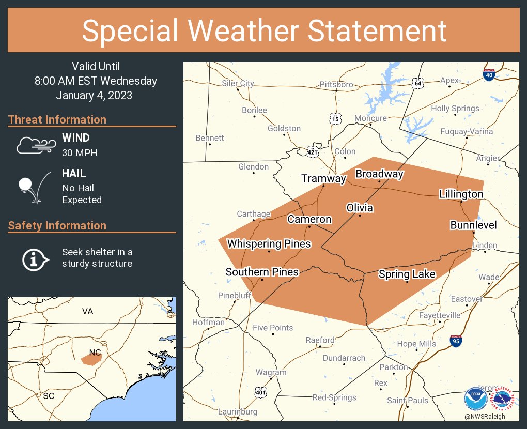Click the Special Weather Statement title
point(263,30)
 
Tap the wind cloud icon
point(35,146)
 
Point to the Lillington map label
point(461,194)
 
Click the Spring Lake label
point(407,274)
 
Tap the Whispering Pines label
point(269,243)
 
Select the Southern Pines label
point(262,272)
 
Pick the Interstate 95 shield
point(456,341)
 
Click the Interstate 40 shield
point(488,74)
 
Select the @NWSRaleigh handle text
point(485,417)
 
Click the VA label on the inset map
point(87,311)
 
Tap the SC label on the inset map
point(49,395)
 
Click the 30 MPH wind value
point(80,152)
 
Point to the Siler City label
point(238,83)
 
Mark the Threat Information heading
point(57,119)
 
